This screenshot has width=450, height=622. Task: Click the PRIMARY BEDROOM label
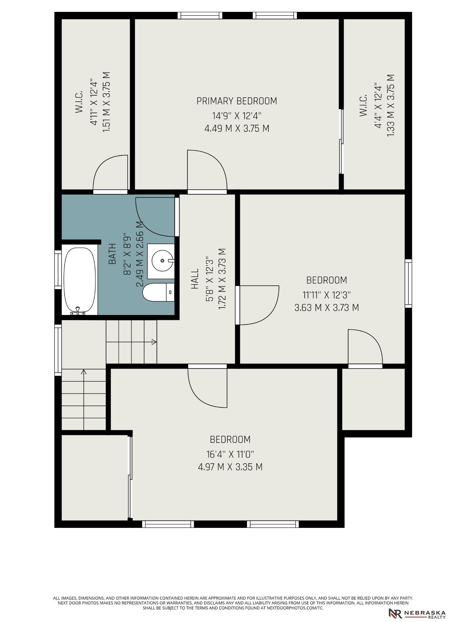237,101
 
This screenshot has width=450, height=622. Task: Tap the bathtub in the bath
79,281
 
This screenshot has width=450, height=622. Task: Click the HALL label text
195,279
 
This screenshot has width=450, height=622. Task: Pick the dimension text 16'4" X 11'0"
230,454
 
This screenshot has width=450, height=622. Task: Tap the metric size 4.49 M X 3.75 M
237,128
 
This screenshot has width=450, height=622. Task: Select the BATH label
112,254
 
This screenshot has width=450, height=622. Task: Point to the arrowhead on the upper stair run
154,342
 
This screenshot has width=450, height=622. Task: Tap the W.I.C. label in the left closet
79,102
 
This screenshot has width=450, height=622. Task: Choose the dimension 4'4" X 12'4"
378,105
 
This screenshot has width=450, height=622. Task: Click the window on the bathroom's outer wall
58,270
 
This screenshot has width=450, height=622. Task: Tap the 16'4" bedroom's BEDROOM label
230,439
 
